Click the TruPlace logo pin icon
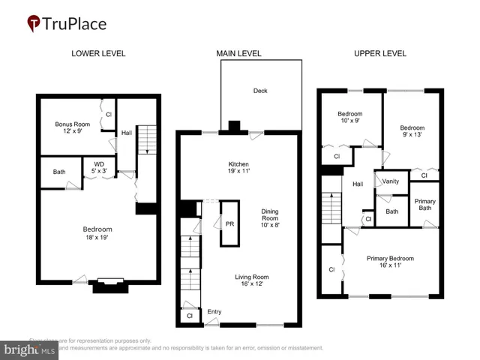click(34, 23)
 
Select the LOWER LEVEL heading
click(98, 54)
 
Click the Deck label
click(260, 91)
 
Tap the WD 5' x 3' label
click(100, 168)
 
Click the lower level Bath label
click(58, 172)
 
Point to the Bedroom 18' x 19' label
click(97, 233)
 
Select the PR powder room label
click(229, 223)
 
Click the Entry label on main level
click(214, 311)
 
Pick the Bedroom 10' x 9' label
click(349, 118)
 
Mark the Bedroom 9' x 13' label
click(412, 132)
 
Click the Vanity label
click(391, 181)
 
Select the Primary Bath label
click(424, 205)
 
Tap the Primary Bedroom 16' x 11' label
click(390, 262)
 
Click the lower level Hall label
click(127, 133)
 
